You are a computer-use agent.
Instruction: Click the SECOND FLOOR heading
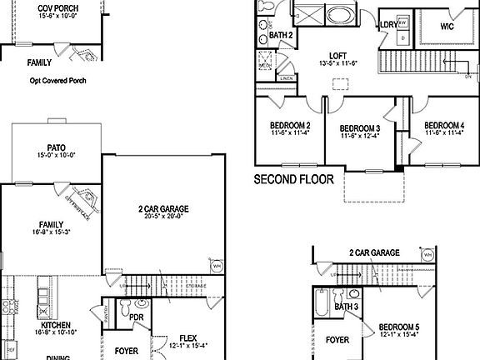pos(292,179)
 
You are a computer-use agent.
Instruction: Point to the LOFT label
pos(337,55)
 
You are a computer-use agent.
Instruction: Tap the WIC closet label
pos(441,26)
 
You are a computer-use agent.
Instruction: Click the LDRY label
pos(387,25)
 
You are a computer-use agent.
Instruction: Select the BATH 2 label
pos(281,35)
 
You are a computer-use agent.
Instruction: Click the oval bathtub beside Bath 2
pos(339,16)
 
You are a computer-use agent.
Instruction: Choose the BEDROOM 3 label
pos(359,128)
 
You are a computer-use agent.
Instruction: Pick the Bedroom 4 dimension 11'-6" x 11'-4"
pos(444,132)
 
